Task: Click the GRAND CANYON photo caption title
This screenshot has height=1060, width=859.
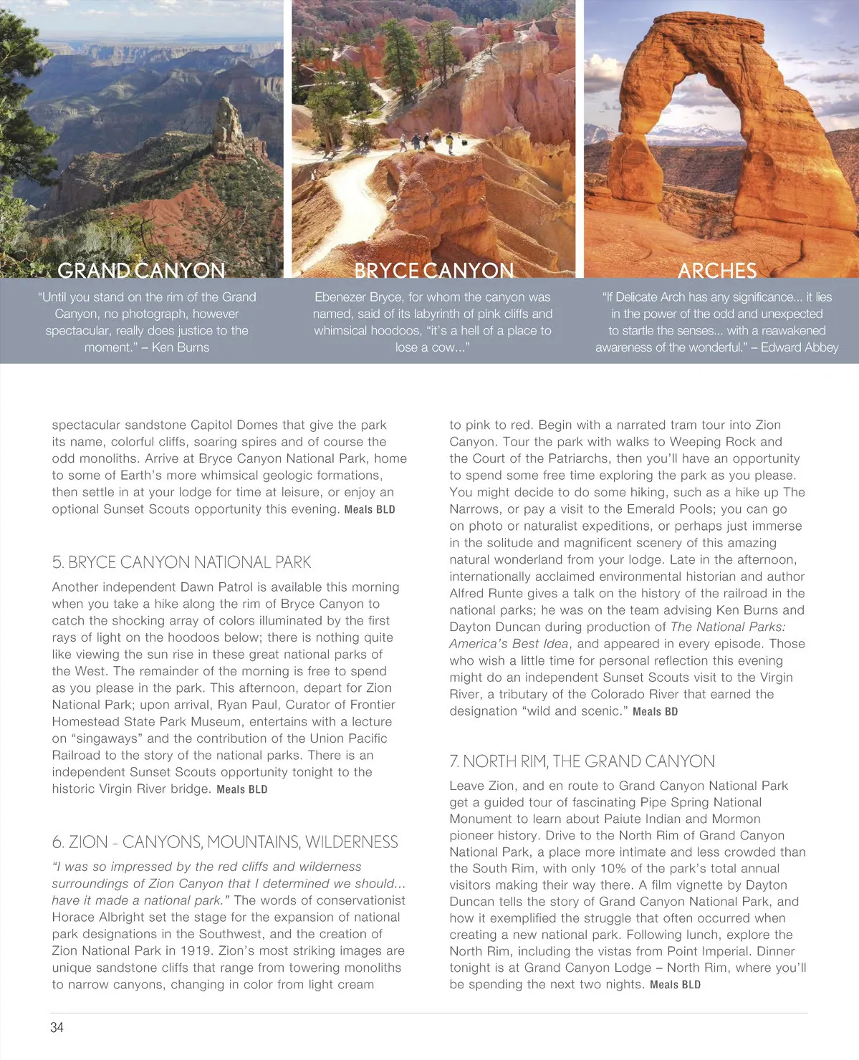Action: (x=141, y=271)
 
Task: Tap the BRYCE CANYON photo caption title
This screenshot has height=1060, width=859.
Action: (x=433, y=271)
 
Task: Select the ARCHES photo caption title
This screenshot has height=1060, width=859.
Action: (x=716, y=271)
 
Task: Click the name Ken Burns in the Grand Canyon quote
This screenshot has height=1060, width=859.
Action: (x=181, y=347)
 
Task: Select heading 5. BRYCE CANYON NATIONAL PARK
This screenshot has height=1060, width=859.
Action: (x=181, y=562)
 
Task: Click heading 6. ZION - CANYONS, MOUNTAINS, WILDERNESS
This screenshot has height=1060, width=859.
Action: (x=224, y=842)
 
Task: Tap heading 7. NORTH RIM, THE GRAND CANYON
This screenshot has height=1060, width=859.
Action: (x=582, y=761)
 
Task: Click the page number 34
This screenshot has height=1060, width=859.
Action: (x=57, y=1028)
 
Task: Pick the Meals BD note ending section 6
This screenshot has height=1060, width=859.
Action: (x=655, y=712)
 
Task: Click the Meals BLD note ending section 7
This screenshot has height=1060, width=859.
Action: (x=675, y=985)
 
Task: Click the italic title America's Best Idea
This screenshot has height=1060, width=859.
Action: (x=502, y=644)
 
